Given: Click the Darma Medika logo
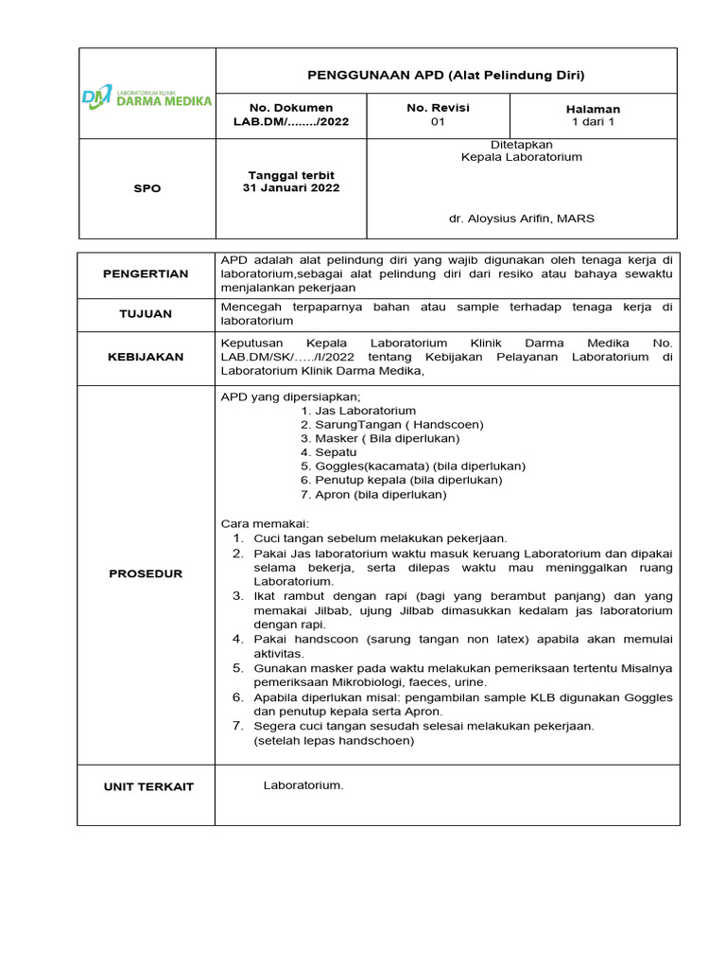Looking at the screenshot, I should (x=147, y=97).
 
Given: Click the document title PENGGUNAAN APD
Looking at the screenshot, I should (x=446, y=75).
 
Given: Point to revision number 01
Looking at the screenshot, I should (x=438, y=122).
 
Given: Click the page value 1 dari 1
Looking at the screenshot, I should (x=593, y=123).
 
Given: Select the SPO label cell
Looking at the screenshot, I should (x=147, y=188).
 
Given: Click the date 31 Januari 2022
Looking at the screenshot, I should (x=291, y=187).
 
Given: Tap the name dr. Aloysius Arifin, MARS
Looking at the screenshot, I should (x=522, y=219).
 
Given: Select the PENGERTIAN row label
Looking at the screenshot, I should (x=147, y=274).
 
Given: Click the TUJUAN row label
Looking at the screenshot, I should (x=147, y=313).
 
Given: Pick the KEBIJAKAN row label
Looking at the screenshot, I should (x=147, y=357).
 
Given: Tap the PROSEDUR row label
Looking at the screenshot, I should (x=147, y=573).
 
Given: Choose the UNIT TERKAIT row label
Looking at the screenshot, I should (x=147, y=786).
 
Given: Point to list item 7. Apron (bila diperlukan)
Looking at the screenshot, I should (x=373, y=494).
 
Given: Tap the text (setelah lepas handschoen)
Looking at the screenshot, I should (x=334, y=741).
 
